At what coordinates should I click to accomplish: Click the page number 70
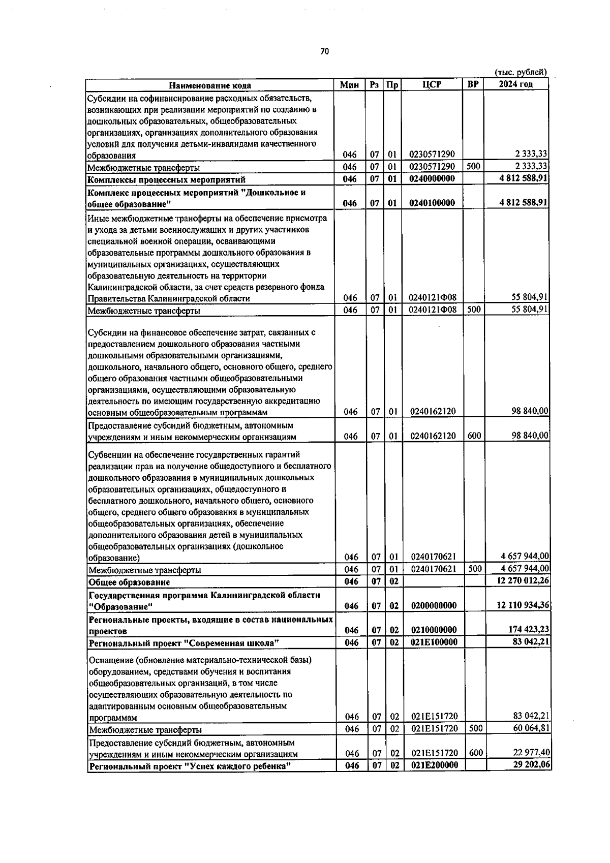coord(325,51)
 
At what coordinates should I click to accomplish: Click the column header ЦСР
coord(431,85)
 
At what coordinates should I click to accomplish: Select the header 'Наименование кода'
coord(209,85)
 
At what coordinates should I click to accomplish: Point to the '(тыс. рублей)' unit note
coord(521,73)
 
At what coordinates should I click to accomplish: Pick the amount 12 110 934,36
coord(524,605)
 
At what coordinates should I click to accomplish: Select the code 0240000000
coord(432,179)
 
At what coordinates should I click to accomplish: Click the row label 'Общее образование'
coord(129,582)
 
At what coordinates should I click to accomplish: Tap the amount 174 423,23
coord(529,630)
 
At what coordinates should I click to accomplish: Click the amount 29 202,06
coord(532,765)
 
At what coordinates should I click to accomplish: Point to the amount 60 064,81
coord(532,728)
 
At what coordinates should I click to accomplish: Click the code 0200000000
coord(434,605)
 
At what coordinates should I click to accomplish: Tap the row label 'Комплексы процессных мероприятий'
coord(166,179)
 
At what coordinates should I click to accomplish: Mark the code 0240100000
coord(432,203)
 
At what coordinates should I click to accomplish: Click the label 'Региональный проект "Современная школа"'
coord(184,643)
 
